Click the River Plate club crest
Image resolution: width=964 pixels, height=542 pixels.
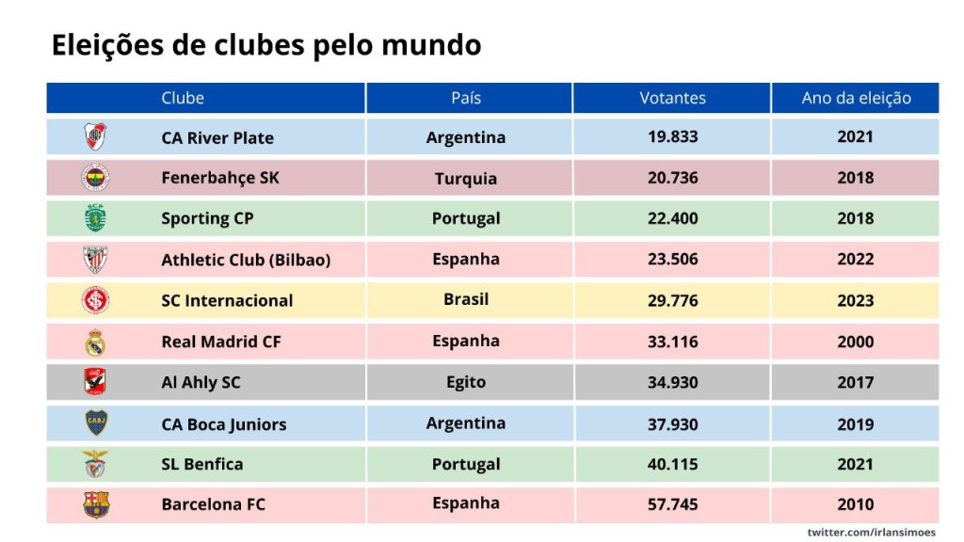95,136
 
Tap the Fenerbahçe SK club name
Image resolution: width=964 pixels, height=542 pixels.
220,178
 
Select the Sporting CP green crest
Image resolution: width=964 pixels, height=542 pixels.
95,218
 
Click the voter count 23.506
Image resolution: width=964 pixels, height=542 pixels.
672,260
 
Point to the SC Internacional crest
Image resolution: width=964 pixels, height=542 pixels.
95,300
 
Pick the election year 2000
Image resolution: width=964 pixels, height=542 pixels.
855,342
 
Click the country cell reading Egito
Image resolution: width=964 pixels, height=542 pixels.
466,382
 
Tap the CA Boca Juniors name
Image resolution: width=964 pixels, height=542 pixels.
223,423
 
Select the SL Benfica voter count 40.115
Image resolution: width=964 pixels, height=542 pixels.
672,464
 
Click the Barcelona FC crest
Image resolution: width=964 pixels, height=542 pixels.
95,504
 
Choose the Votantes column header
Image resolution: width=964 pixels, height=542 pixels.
672,98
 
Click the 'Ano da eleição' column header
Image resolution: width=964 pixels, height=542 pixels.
856,98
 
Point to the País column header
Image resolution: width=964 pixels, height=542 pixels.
466,98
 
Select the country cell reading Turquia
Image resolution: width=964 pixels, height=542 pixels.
466,178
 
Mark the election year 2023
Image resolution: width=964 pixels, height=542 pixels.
855,300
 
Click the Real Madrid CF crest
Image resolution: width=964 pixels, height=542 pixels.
95,342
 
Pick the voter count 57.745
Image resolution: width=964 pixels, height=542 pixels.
672,504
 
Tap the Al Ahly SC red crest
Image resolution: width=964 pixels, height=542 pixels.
95,382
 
